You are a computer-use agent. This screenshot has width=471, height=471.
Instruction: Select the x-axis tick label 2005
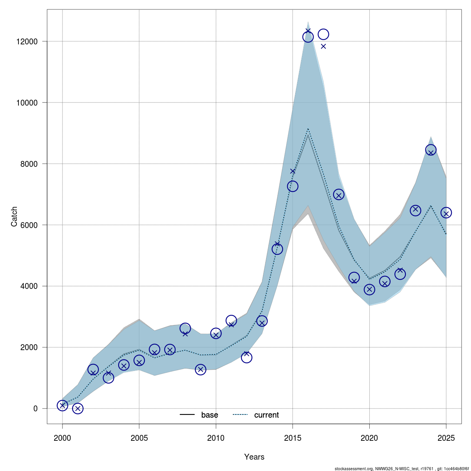(139, 438)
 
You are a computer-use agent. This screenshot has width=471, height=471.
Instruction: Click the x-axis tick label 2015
(292, 438)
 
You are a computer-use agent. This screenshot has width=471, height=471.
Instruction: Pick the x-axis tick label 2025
(446, 438)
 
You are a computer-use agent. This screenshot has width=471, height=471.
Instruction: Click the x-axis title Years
(254, 457)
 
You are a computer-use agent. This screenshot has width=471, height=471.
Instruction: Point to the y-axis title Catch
(14, 216)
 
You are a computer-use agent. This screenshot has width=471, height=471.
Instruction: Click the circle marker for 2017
(323, 34)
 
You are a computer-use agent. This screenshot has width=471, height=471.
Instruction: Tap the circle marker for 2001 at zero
(78, 408)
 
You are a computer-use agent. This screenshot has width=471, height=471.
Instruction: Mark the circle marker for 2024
(431, 150)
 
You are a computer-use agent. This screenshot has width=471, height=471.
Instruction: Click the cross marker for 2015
(292, 171)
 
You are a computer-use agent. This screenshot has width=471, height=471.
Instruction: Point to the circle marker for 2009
(201, 369)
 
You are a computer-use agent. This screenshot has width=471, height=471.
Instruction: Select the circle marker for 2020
(369, 290)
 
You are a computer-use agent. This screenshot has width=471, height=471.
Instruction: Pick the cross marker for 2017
(323, 46)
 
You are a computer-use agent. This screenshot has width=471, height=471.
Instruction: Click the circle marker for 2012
(246, 358)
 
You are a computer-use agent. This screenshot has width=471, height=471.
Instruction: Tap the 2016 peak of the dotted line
(308, 129)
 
